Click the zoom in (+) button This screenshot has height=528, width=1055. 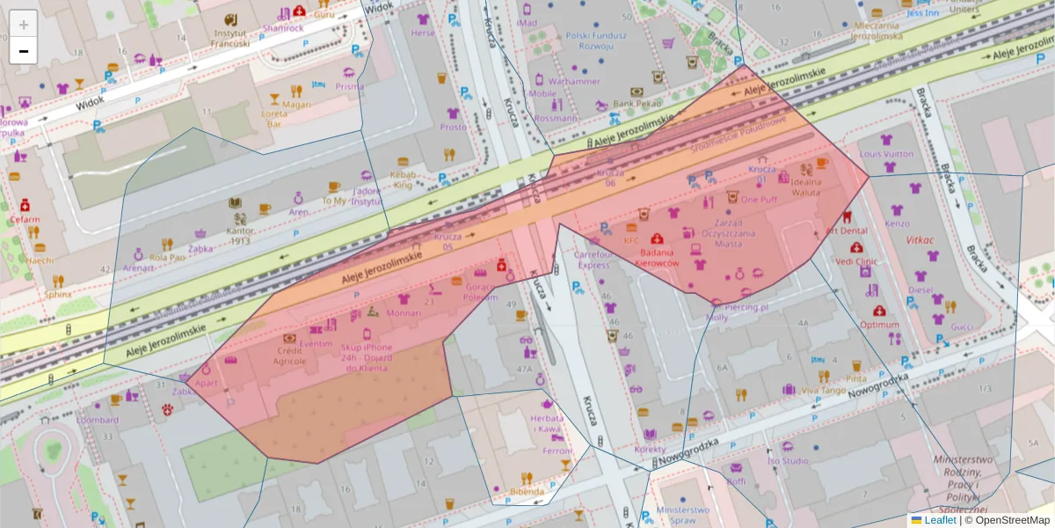click(x=24, y=25)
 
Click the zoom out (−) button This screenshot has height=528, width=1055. click(x=24, y=51)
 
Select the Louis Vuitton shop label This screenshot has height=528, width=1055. click(x=886, y=154)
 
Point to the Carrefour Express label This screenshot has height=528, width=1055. click(x=592, y=260)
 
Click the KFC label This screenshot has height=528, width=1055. click(x=630, y=239)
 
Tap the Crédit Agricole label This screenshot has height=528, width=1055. click(x=289, y=356)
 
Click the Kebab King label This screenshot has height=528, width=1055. click(x=403, y=180)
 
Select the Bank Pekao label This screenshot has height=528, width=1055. click(x=637, y=103)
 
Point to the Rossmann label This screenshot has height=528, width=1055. click(x=555, y=118)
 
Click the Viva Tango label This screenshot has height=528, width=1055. click(x=823, y=390)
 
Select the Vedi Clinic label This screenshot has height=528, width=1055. click(x=856, y=261)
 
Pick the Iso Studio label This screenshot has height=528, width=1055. click(x=788, y=460)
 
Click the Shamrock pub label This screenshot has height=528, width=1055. click(x=282, y=27)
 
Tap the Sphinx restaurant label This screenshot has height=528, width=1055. click(x=59, y=295)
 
